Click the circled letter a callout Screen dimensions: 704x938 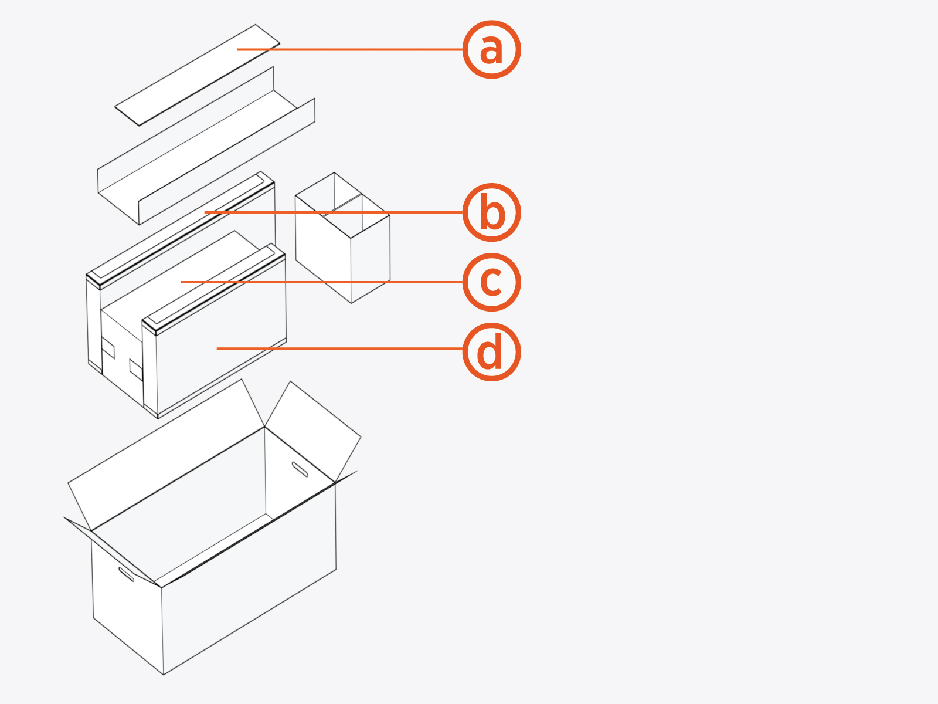491,49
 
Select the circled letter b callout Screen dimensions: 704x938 491,212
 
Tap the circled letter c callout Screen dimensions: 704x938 491,282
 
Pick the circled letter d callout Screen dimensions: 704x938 491,351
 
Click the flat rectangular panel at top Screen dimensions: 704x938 197,75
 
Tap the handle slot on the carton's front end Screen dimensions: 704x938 126,574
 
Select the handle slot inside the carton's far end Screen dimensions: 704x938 300,469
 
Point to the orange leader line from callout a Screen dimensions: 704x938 352,49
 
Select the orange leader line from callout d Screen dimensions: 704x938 340,348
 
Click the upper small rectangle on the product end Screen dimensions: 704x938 108,347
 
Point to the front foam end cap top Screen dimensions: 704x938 214,287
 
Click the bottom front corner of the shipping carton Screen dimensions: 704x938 163,674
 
